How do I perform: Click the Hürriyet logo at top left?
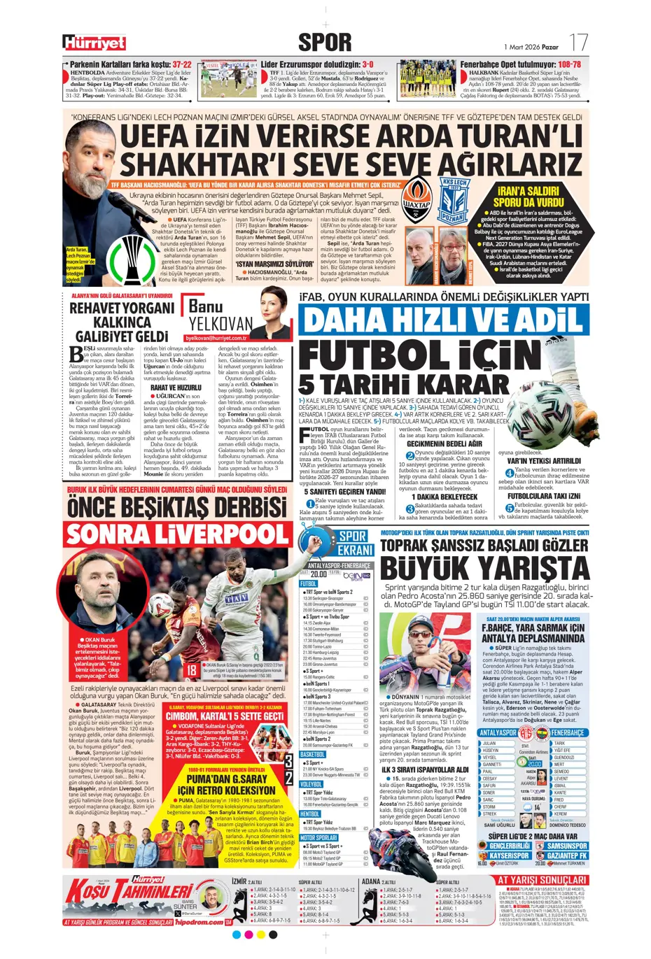(x=94, y=43)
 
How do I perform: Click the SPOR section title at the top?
(x=325, y=42)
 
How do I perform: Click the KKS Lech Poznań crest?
(x=454, y=201)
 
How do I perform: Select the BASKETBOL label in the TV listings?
(x=312, y=755)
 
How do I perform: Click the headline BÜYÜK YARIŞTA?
(x=484, y=567)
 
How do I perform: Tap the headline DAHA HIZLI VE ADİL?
(x=442, y=320)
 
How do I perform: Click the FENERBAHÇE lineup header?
(x=566, y=733)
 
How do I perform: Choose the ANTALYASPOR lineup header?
(x=498, y=733)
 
